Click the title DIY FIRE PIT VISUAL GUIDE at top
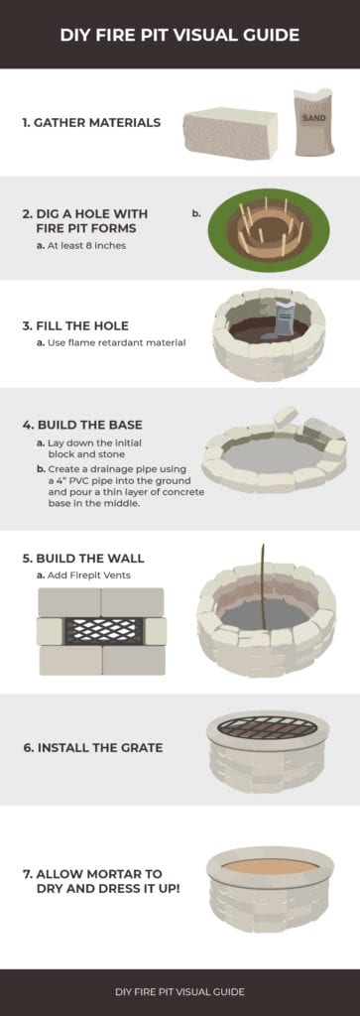click(x=180, y=35)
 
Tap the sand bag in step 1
click(x=313, y=123)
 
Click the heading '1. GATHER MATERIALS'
click(x=91, y=123)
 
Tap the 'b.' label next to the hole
click(x=196, y=211)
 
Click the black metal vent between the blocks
click(x=102, y=631)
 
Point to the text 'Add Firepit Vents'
click(x=92, y=574)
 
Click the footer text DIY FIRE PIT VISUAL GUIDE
click(x=180, y=991)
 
